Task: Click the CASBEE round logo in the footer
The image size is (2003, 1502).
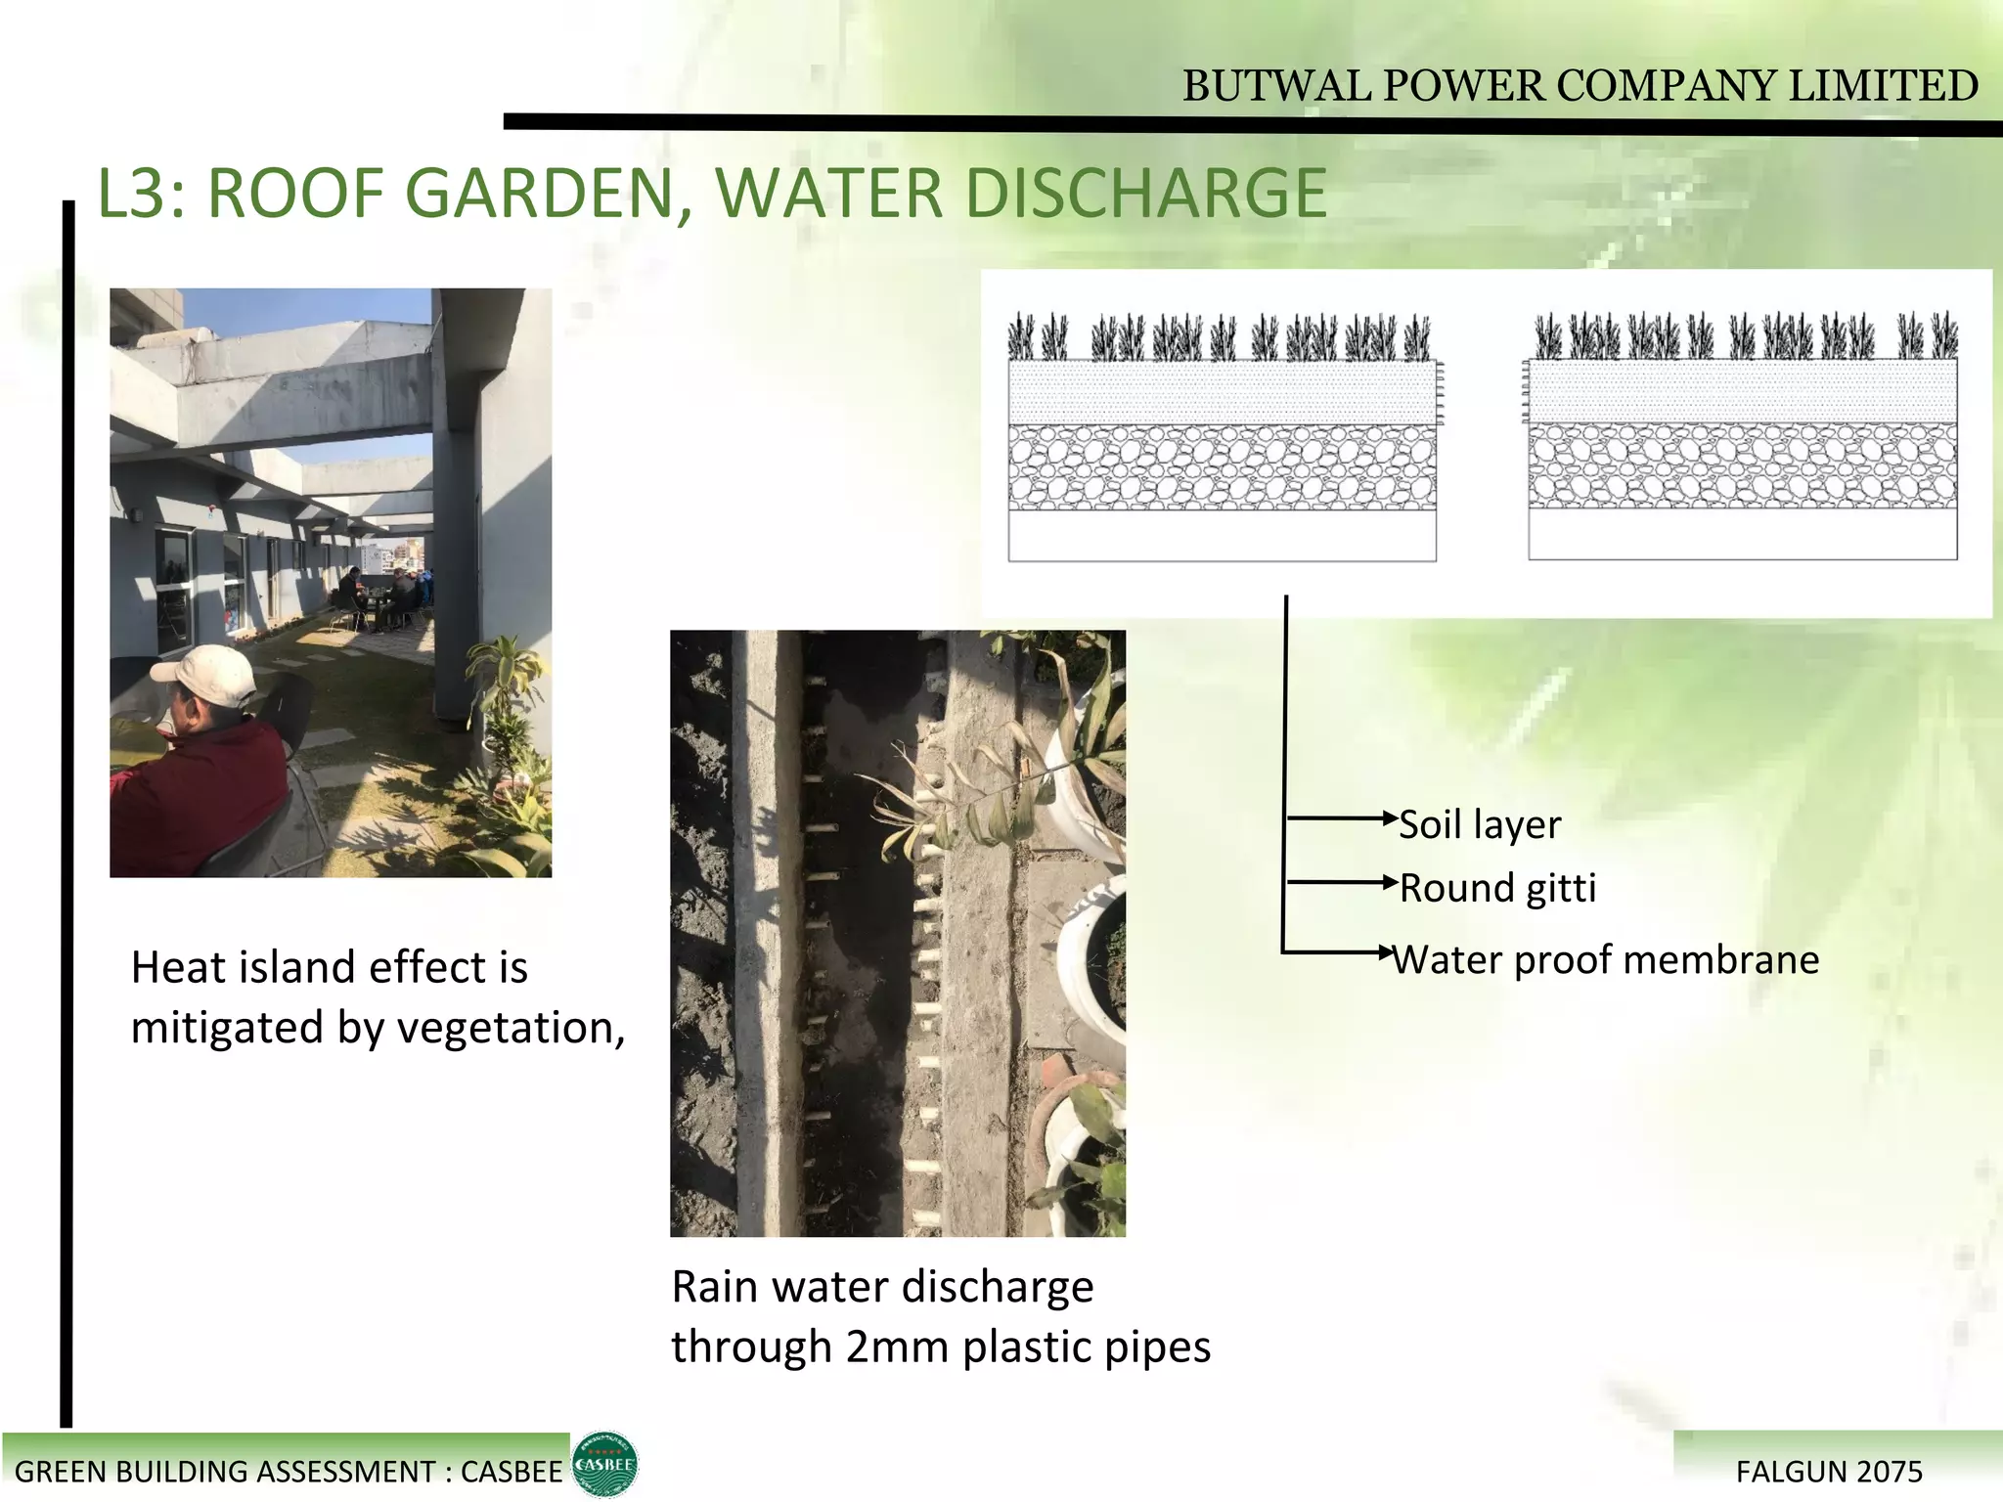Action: click(x=604, y=1464)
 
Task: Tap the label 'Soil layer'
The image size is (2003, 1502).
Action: click(x=1480, y=825)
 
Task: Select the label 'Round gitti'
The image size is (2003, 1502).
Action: click(x=1497, y=889)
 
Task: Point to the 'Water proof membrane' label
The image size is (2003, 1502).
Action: click(x=1606, y=960)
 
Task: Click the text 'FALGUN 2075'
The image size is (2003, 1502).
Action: click(x=1829, y=1472)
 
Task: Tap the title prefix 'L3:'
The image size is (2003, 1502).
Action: click(x=142, y=194)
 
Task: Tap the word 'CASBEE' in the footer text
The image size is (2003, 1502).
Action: click(x=512, y=1472)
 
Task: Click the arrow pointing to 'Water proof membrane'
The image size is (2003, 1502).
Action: click(x=1340, y=951)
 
